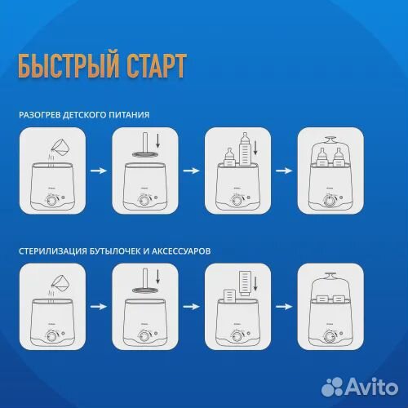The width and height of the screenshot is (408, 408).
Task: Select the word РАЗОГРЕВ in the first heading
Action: (40, 115)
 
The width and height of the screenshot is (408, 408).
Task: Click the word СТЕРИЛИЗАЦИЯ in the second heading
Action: (55, 251)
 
